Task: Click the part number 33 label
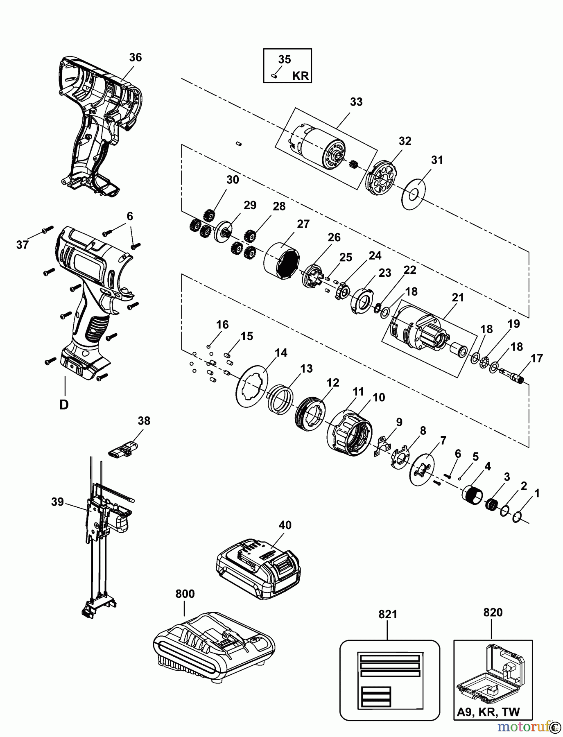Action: tap(356, 102)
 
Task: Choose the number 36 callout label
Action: tap(135, 58)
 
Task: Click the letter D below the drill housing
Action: tap(64, 405)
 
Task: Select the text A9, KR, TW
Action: tap(488, 712)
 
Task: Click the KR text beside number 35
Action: tap(301, 76)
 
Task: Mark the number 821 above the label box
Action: tap(388, 615)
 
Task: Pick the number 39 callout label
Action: tap(58, 502)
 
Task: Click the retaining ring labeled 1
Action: tap(517, 517)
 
